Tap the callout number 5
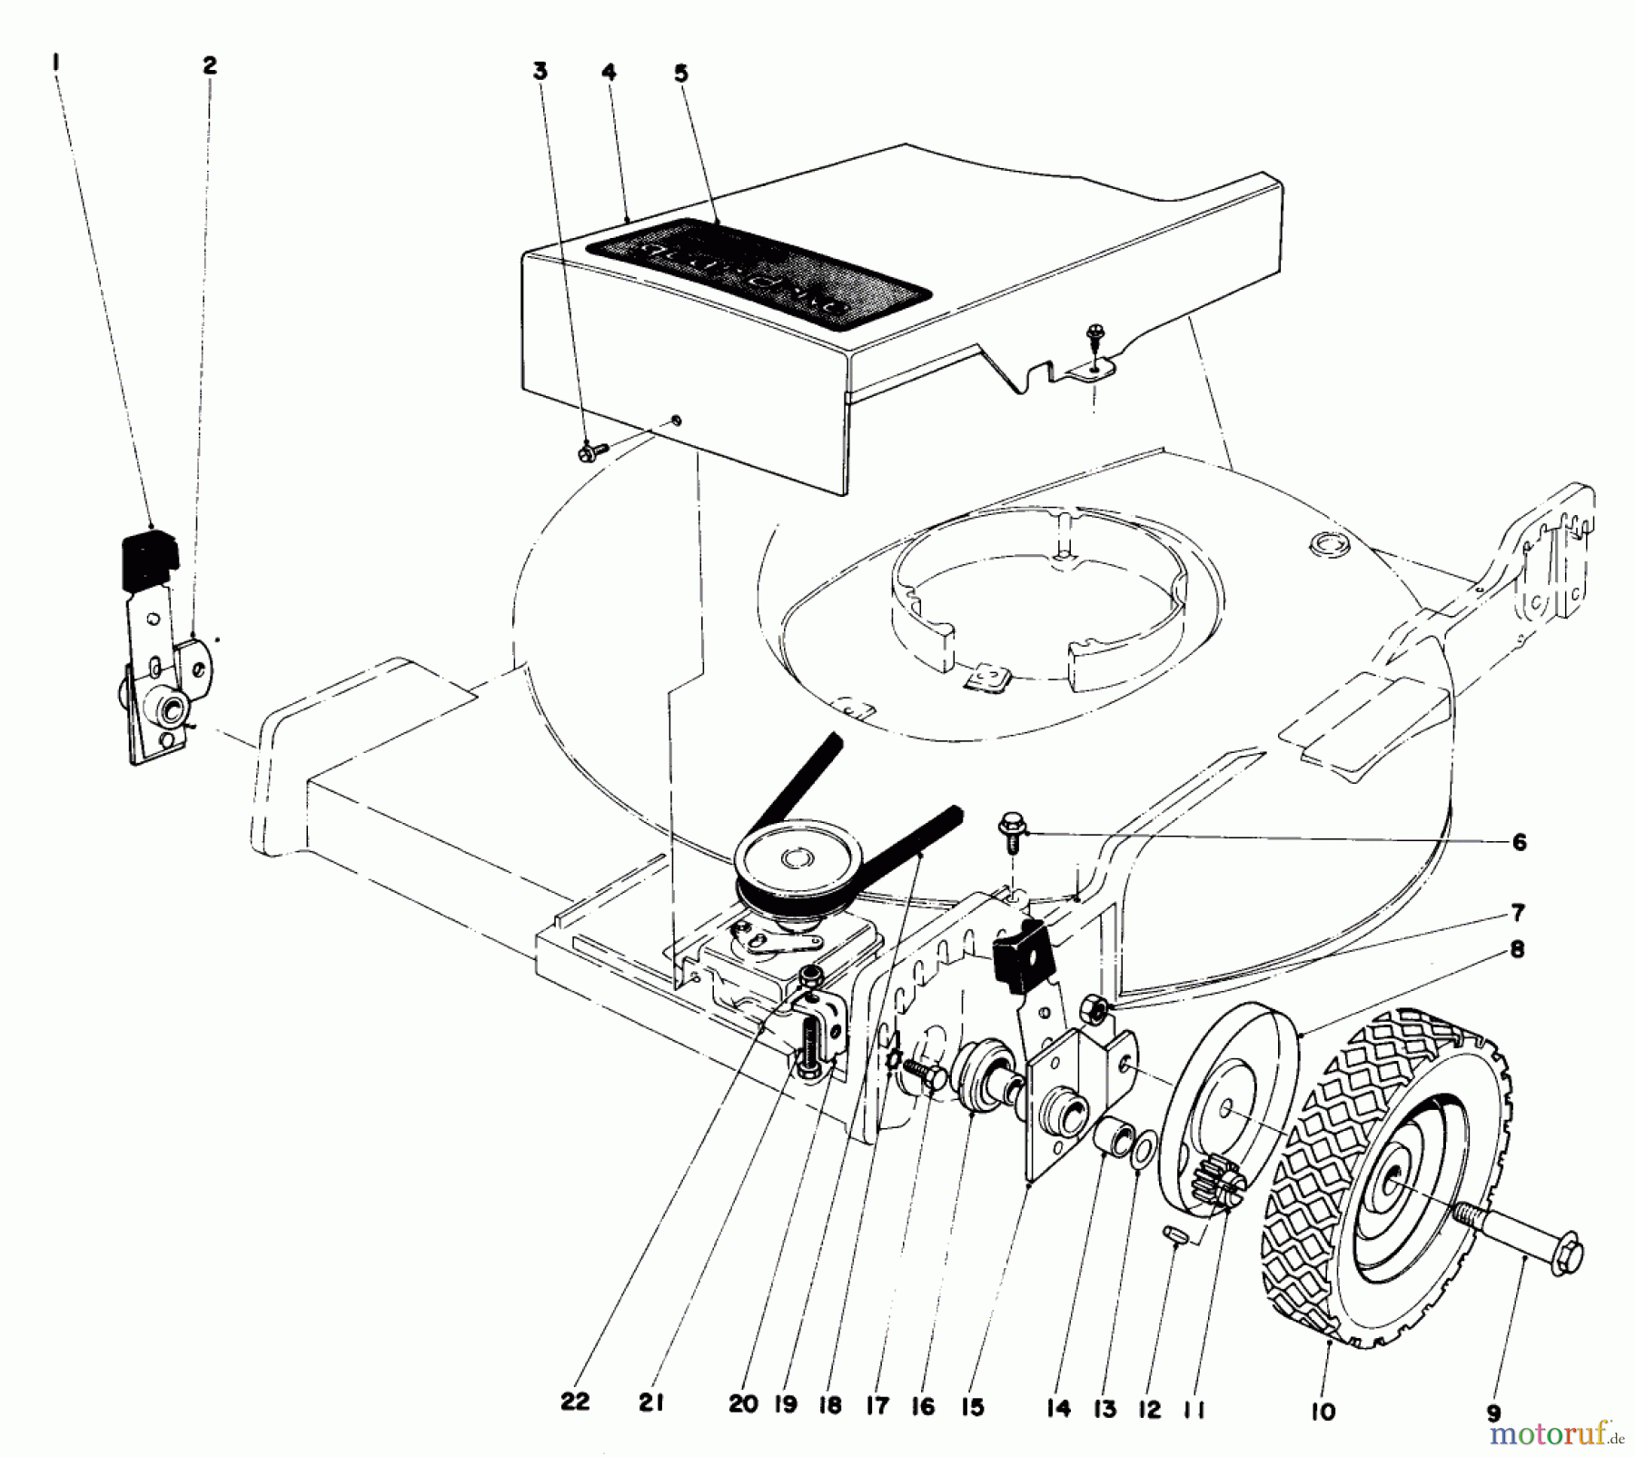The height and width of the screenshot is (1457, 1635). (681, 74)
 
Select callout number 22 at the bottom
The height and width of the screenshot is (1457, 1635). (574, 1402)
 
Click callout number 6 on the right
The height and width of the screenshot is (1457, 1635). (1519, 841)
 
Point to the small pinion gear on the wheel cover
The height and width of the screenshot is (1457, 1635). (1212, 1186)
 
